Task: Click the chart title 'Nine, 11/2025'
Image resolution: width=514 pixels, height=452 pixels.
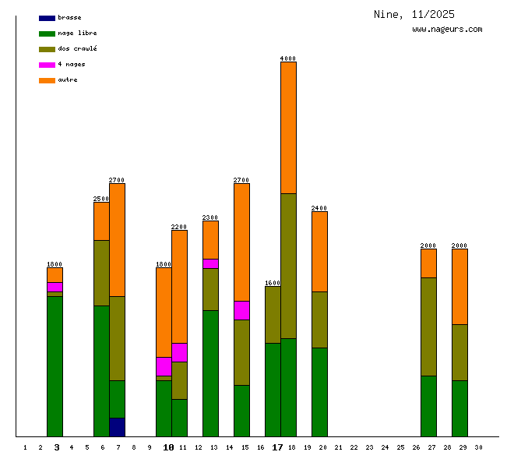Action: pos(414,14)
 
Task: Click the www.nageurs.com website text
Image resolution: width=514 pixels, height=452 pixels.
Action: pos(447,30)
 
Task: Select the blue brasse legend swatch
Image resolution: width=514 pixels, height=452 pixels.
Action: pos(47,18)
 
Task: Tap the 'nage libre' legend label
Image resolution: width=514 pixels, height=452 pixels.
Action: pos(77,34)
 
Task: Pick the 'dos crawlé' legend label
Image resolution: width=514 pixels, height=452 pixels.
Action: pos(77,49)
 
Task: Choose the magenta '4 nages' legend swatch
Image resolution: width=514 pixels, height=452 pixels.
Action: pos(47,65)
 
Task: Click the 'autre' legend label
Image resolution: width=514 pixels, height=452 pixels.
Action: pos(68,80)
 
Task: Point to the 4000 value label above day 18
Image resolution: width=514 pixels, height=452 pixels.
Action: pos(288,58)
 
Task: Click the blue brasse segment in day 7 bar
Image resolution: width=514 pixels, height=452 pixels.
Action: pos(117,427)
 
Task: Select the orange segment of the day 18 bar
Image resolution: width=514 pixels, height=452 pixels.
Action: pos(288,127)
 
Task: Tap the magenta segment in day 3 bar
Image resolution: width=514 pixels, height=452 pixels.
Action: pos(55,287)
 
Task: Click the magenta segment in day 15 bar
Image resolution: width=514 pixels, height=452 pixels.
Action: pos(241,310)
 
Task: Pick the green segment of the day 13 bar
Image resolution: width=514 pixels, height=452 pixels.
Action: pos(210,373)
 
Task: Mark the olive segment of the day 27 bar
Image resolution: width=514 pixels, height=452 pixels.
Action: pos(428,326)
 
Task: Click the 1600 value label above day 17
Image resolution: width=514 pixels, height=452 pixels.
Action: pos(273,283)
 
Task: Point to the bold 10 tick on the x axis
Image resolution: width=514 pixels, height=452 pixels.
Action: pos(168,447)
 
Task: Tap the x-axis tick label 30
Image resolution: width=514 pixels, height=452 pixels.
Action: pos(478,447)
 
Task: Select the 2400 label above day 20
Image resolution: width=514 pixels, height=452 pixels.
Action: pos(319,208)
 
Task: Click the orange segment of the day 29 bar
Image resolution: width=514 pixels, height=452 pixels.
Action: pos(459,286)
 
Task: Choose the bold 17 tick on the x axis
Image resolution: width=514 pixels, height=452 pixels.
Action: pos(277,447)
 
